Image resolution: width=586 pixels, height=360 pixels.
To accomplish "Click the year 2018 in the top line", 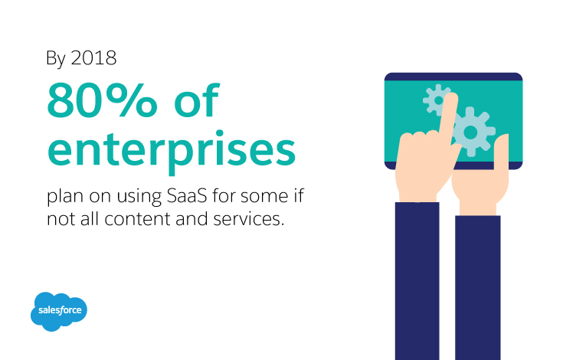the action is tap(93, 58).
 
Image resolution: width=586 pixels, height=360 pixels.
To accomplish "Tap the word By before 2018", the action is tap(56, 59).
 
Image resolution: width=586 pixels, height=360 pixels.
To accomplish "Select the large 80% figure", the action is tap(102, 100).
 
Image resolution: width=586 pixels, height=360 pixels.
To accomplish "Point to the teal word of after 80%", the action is tap(197, 100).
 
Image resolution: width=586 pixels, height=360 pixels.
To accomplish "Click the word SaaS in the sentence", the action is tap(187, 196).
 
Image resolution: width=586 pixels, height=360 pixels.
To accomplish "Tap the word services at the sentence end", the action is tap(248, 219).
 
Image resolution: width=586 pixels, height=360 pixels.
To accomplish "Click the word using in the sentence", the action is tap(139, 197).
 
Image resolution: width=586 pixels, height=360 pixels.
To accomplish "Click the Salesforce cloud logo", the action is tap(59, 312).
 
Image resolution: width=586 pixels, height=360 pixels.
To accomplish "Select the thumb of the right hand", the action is tap(501, 152).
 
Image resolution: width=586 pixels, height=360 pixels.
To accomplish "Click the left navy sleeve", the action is tap(417, 281).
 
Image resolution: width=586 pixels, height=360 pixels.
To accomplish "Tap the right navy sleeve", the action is tap(478, 287).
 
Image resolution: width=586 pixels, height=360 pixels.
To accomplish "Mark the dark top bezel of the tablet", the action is tap(453, 77).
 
